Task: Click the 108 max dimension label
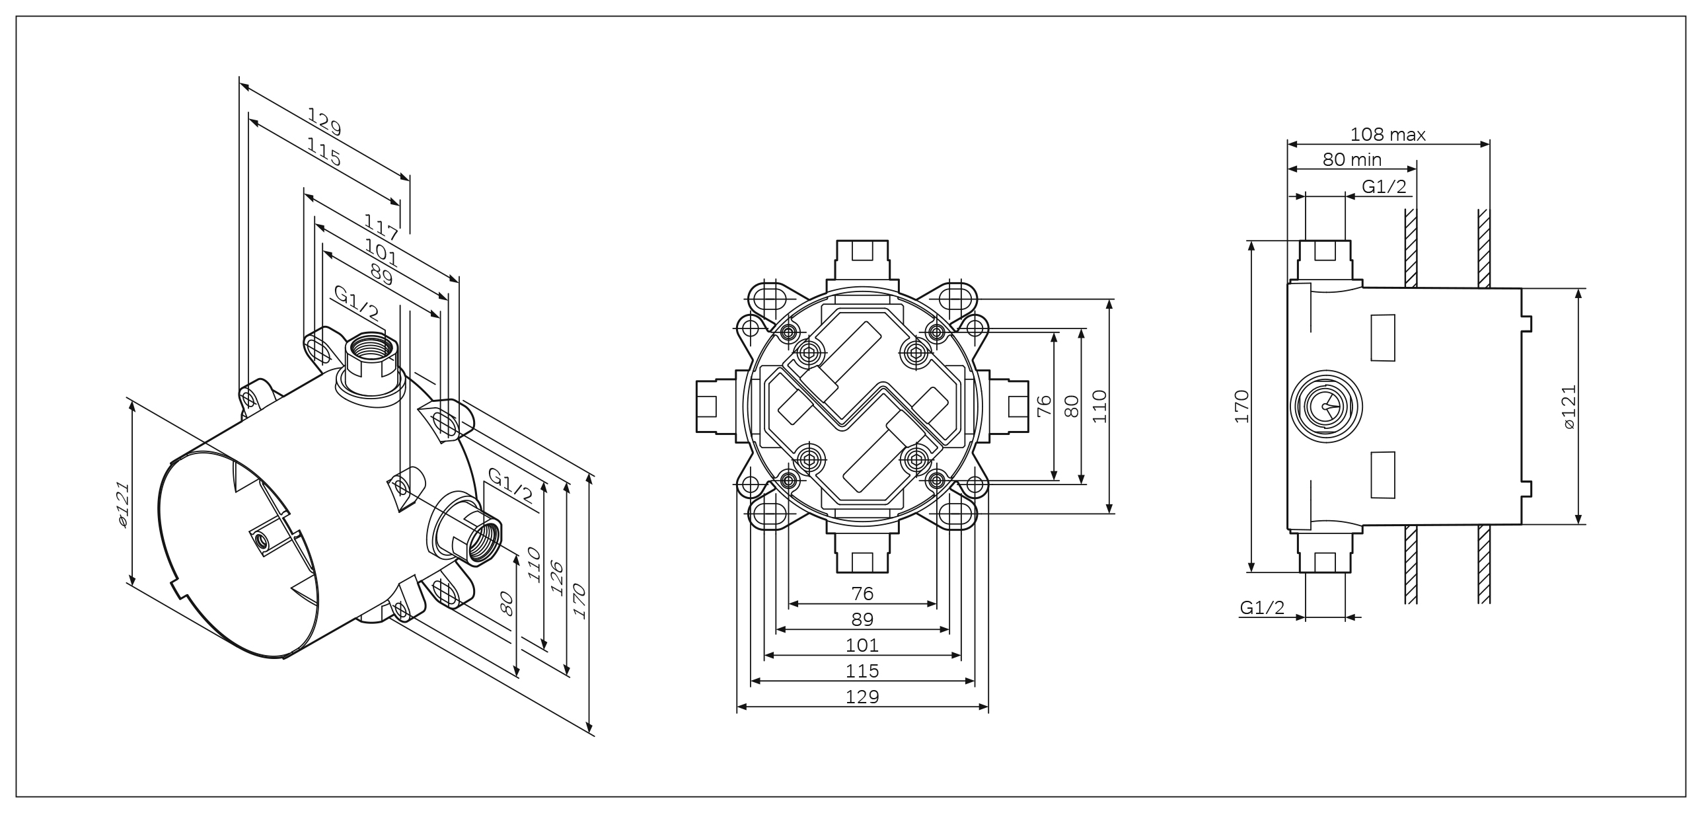click(x=1387, y=135)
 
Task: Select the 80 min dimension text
click(x=1352, y=159)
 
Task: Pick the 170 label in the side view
click(x=1243, y=406)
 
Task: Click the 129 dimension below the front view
click(x=862, y=697)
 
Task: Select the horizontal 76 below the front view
click(x=862, y=594)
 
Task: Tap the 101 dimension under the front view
click(x=862, y=645)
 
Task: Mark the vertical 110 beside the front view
click(x=1099, y=406)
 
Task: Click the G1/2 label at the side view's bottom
click(x=1262, y=607)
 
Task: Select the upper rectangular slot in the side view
click(x=1384, y=338)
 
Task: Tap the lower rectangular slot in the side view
click(x=1384, y=475)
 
